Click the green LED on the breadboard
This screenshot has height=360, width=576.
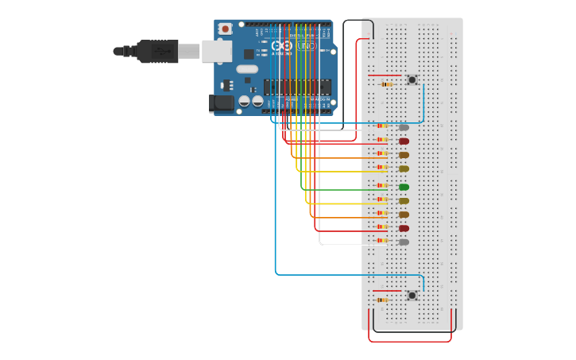pyautogui.click(x=404, y=188)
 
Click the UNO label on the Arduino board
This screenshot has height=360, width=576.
pyautogui.click(x=306, y=46)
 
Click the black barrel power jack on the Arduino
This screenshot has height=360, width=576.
pyautogui.click(x=221, y=103)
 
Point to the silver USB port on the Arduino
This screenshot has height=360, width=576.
pyautogui.click(x=216, y=51)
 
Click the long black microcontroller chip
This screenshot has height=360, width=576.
pyautogui.click(x=297, y=87)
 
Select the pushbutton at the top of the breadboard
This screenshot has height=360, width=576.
pyautogui.click(x=412, y=79)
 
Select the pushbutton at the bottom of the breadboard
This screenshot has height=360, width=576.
pyautogui.click(x=412, y=296)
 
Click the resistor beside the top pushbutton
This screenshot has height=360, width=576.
pyautogui.click(x=387, y=84)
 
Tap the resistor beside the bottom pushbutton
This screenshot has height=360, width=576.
pyautogui.click(x=382, y=300)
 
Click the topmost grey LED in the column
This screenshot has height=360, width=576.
pyautogui.click(x=404, y=127)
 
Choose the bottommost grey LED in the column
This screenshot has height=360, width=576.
pyautogui.click(x=404, y=242)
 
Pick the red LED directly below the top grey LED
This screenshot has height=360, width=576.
pyautogui.click(x=404, y=141)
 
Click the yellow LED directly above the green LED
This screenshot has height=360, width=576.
pyautogui.click(x=404, y=168)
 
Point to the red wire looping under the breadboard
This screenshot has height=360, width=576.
pyautogui.click(x=410, y=341)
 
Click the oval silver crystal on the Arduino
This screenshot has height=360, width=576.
pyautogui.click(x=247, y=69)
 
